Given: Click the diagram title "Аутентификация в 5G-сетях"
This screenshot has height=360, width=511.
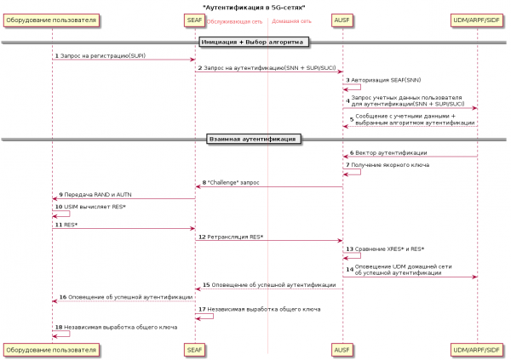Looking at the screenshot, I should [x=255, y=7].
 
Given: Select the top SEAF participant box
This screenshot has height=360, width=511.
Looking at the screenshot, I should [x=194, y=20].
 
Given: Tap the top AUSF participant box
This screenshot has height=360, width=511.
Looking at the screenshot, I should [x=342, y=20].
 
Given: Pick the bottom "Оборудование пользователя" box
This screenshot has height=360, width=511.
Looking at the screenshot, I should [x=51, y=349].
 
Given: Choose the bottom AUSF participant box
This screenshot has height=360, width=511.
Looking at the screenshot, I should [x=342, y=349].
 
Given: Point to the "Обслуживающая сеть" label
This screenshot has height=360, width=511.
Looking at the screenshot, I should [x=234, y=21].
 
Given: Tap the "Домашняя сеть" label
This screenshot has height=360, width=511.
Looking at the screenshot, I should [x=291, y=21].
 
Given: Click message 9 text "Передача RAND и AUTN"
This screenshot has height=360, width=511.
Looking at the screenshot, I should [x=98, y=194].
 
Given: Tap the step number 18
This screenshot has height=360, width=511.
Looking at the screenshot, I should [x=57, y=327].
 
